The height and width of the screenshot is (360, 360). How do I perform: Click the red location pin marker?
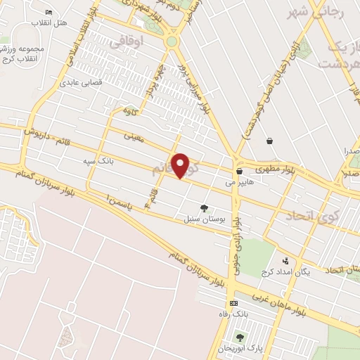click(181, 165)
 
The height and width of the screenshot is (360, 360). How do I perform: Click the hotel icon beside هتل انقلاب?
click(49, 12)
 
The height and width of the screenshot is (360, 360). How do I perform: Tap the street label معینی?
click(133, 137)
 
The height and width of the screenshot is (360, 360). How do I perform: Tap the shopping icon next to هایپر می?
click(239, 171)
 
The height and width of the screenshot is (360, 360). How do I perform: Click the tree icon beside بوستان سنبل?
click(204, 207)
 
